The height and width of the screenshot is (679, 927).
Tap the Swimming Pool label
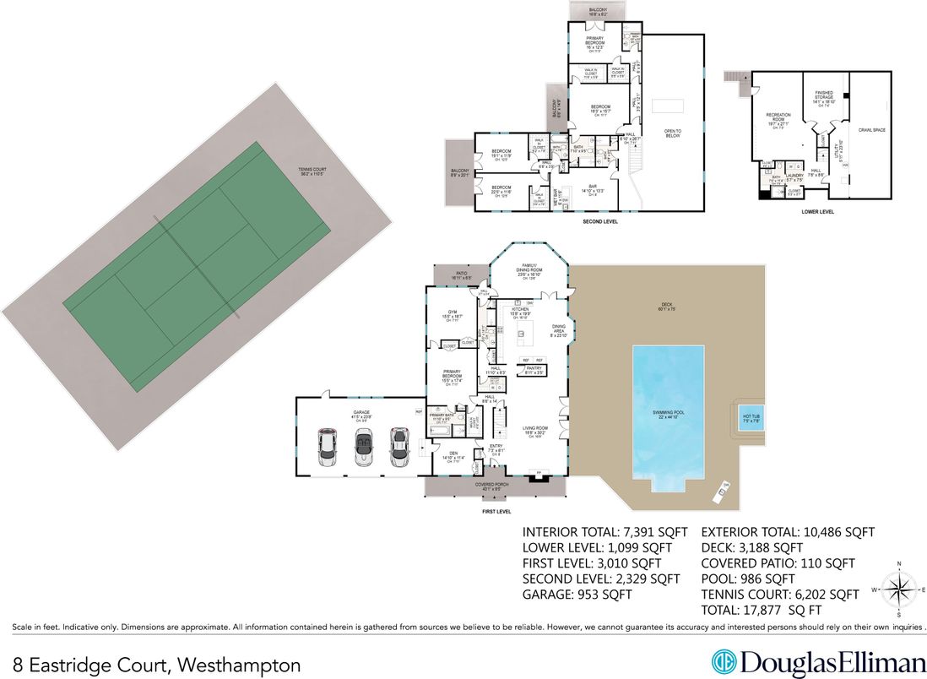coord(667,414)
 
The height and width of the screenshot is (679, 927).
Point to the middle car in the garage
coord(364,447)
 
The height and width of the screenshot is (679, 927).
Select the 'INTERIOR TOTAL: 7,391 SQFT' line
coord(601,532)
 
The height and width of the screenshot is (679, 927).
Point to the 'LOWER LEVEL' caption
coord(817,211)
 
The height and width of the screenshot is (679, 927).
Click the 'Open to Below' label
coord(672,133)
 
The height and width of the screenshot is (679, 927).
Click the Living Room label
coord(535,430)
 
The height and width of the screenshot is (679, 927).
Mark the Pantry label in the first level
coord(533,370)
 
